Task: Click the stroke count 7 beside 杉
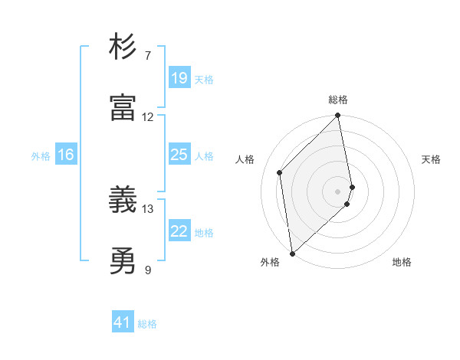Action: tap(148, 56)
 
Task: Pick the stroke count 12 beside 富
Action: tap(148, 117)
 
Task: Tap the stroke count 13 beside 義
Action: tap(148, 208)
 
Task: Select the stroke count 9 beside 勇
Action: tap(148, 270)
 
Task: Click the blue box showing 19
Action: tap(179, 77)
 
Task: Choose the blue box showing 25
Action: tap(179, 155)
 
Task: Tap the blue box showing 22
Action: tap(179, 231)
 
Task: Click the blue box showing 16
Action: tap(66, 155)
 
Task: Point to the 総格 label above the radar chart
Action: tap(338, 100)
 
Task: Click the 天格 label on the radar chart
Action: tap(432, 159)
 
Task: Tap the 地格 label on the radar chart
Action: tap(402, 262)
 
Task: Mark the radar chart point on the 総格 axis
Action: tap(338, 116)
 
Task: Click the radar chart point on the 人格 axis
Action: tap(280, 172)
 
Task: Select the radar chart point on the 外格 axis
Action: tap(292, 253)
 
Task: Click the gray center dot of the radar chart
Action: tap(338, 191)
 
